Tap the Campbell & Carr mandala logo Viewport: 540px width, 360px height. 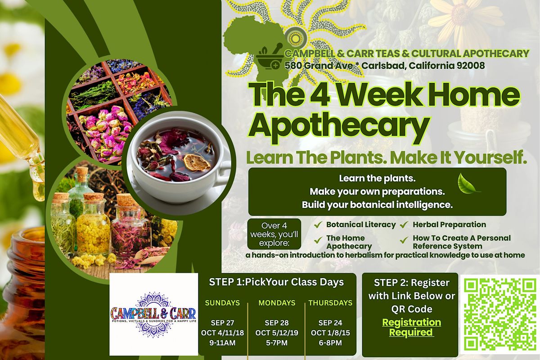153,314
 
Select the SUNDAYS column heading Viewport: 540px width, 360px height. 222,303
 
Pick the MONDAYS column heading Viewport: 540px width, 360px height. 277,303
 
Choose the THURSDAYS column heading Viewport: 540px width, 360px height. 330,303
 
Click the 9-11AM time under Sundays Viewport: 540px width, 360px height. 222,342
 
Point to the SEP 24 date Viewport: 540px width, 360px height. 330,323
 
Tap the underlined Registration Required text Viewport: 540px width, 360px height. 411,327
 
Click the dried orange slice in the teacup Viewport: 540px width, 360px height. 197,162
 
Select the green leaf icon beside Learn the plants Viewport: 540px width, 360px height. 468,184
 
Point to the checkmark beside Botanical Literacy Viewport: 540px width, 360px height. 318,225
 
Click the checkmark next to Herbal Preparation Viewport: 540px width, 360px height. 404,225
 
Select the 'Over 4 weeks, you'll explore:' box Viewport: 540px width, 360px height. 274,234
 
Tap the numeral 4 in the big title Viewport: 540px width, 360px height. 319,95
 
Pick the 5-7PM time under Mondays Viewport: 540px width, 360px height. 277,342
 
